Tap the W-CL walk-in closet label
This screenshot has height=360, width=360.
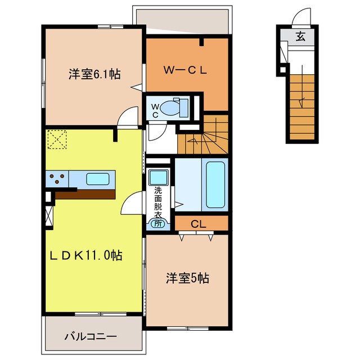[186, 70]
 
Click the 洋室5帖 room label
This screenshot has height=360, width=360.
[187, 278]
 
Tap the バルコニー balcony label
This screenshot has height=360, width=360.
[91, 336]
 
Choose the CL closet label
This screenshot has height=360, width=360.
[197, 223]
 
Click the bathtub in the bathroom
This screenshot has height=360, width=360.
[216, 183]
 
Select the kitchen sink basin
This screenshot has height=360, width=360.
[97, 179]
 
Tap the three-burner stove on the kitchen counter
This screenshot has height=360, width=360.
[57, 179]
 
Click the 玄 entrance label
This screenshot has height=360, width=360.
[301, 38]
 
